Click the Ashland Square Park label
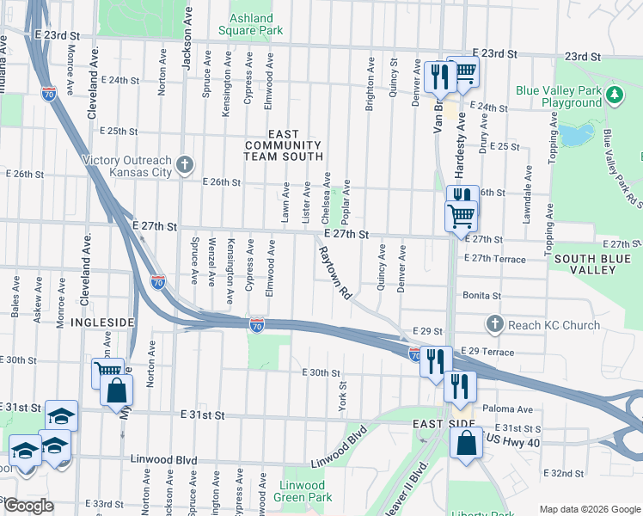257,24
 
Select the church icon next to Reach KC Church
493,324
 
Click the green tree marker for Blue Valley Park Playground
614,95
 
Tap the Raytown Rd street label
335,273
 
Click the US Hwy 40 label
514,439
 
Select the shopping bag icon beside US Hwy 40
465,445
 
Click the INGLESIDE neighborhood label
102,322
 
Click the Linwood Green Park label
304,491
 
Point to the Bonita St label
481,295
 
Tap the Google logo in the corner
28,506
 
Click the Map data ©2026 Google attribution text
589,509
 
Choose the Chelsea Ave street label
327,197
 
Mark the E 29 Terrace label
487,352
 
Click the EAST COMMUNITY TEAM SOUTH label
283,145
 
